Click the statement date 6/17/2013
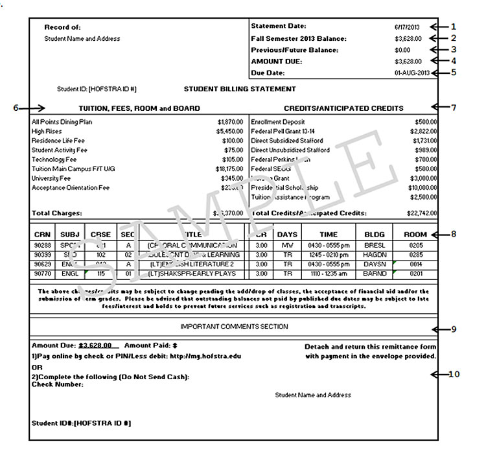pos(407,27)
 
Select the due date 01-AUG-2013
pos(411,73)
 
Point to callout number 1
pos(454,27)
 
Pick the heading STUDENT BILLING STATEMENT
pos(240,89)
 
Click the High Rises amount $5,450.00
pos(230,131)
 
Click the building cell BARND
pos(375,274)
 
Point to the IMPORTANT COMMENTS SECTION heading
pos(234,327)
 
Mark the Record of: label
pos(62,27)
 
